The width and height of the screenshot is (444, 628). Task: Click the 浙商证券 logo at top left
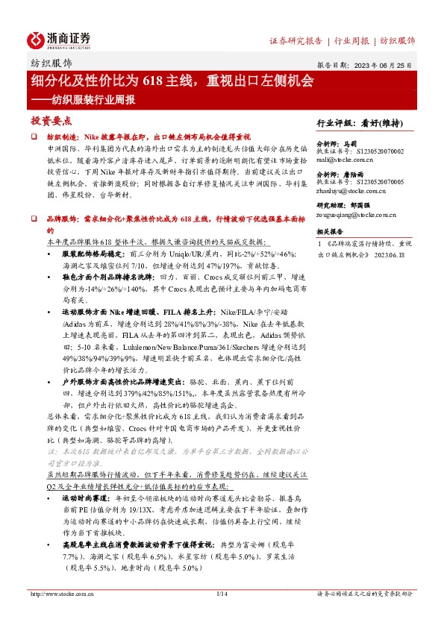60,39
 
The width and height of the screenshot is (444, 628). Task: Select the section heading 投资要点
51,120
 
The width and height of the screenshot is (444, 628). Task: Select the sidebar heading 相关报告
328,232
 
